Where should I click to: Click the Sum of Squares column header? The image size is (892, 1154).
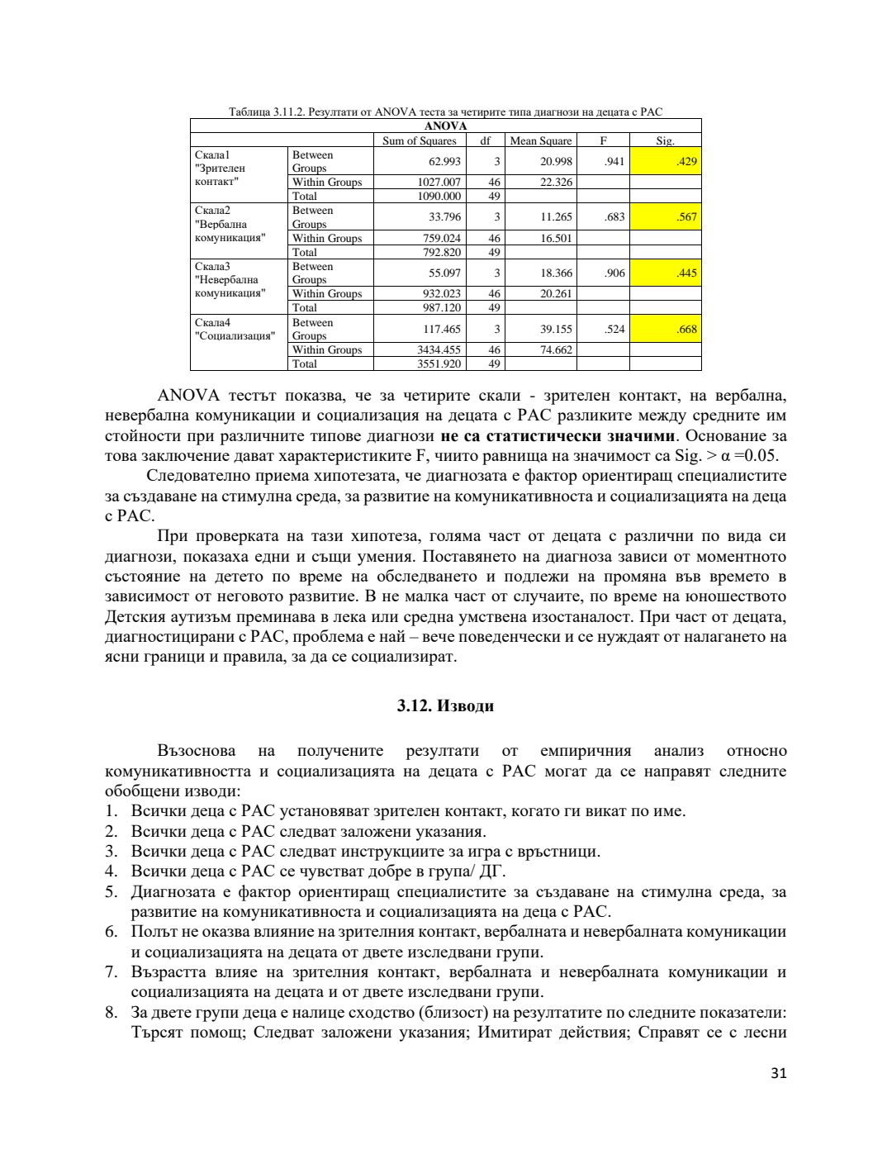tap(419, 141)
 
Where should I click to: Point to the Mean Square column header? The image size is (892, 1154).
tap(540, 141)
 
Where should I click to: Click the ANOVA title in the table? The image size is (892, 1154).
tap(445, 126)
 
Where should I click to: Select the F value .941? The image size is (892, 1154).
tap(614, 162)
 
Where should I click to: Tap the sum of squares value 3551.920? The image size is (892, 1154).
tap(441, 364)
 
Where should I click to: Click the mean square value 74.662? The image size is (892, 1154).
tap(556, 350)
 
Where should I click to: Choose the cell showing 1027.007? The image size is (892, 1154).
tap(441, 183)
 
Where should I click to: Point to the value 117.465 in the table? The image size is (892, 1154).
tap(441, 330)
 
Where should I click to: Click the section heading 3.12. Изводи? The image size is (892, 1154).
tap(445, 706)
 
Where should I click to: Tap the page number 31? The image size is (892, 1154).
tap(778, 1073)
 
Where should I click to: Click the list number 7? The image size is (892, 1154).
tap(111, 972)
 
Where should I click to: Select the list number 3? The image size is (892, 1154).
tap(111, 852)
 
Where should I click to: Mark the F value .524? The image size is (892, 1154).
tap(614, 330)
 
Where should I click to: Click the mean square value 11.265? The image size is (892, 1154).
tap(556, 217)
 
